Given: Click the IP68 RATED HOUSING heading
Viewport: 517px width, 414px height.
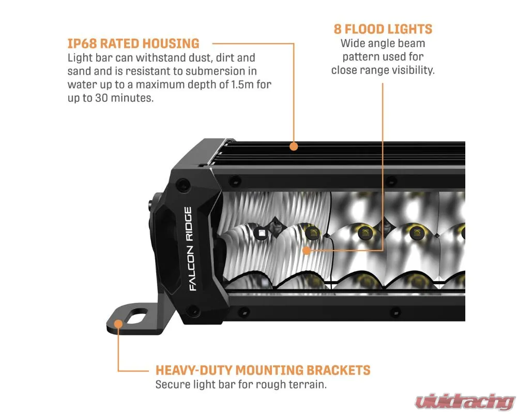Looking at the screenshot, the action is [x=133, y=43].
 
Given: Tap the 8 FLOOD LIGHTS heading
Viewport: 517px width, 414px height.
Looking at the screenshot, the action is [x=383, y=29].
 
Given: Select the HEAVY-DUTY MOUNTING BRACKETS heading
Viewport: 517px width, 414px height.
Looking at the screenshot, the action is [x=263, y=370].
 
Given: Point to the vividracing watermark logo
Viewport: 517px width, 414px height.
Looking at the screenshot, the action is [x=465, y=402].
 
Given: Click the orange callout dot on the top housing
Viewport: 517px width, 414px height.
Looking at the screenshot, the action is [x=294, y=146].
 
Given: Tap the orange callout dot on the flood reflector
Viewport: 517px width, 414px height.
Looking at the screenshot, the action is [x=307, y=250].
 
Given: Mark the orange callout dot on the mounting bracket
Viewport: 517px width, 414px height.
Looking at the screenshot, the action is [x=118, y=323].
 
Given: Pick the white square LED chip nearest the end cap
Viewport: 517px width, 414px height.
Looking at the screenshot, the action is [x=262, y=233].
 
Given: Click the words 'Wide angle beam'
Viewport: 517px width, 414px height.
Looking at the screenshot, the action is [x=383, y=43].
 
